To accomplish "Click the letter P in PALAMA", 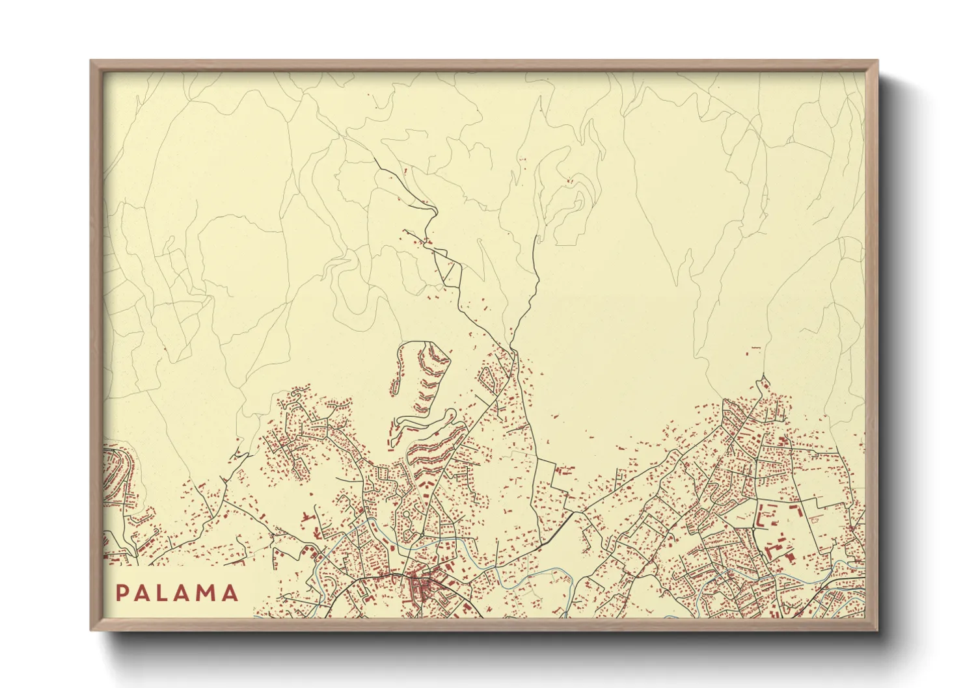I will [x=122, y=593].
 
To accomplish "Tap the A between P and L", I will [x=143, y=593].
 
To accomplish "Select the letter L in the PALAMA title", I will [x=165, y=593].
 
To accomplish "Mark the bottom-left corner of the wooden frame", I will [x=92, y=629].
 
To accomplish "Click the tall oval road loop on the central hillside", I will [x=423, y=371].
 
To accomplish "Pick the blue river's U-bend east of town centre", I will [x=573, y=585].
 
